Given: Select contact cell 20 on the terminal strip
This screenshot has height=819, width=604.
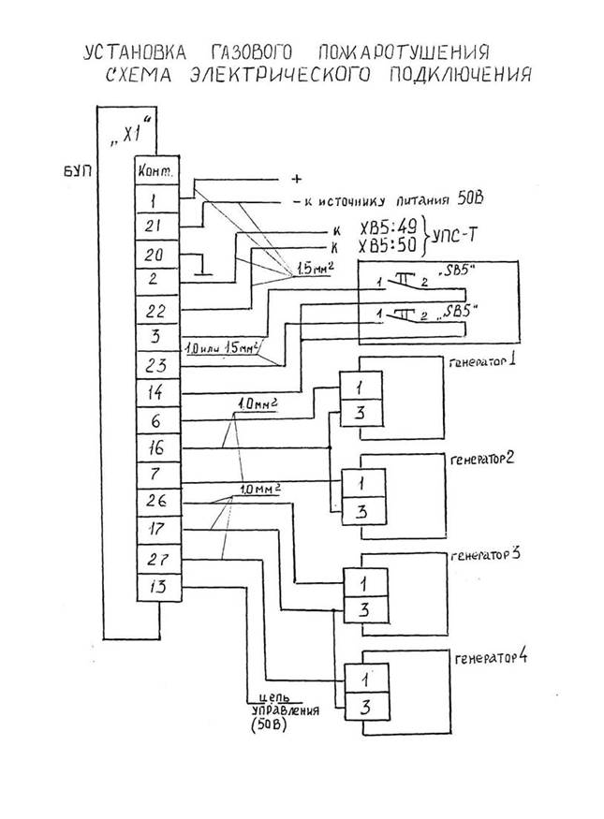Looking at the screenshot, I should tap(156, 253).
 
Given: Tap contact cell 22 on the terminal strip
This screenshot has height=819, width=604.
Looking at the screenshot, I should tap(156, 310).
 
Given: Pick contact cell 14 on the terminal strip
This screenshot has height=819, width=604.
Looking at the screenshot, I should tap(156, 393).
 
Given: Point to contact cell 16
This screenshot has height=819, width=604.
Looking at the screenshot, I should tap(156, 447).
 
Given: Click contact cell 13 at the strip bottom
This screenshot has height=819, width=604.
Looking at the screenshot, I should tap(156, 587).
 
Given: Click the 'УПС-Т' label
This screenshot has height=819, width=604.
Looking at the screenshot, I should tap(452, 238).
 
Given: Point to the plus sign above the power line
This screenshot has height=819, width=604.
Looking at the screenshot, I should tap(298, 178).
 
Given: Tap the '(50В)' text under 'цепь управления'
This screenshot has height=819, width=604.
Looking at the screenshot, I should tap(269, 725).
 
